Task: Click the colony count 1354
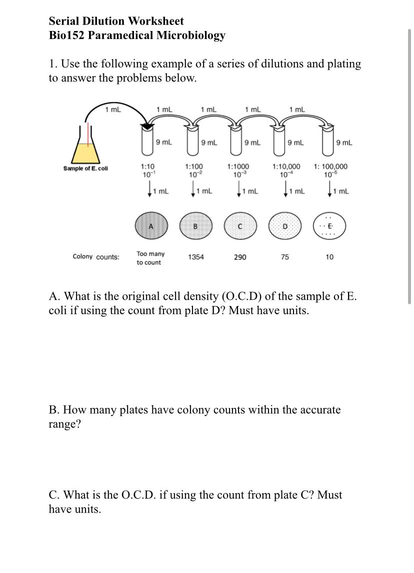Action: [x=195, y=257]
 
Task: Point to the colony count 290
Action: [x=240, y=257]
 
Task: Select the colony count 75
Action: [x=284, y=257]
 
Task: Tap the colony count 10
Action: [x=329, y=257]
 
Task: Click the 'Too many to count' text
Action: [x=150, y=258]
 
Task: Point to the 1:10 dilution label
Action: [x=148, y=166]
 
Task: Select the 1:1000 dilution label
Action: [x=238, y=166]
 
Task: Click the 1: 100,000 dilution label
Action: [x=330, y=166]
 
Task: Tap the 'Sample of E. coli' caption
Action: [x=85, y=168]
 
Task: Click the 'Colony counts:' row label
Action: [x=96, y=257]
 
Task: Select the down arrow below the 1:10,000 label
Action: [x=285, y=190]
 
